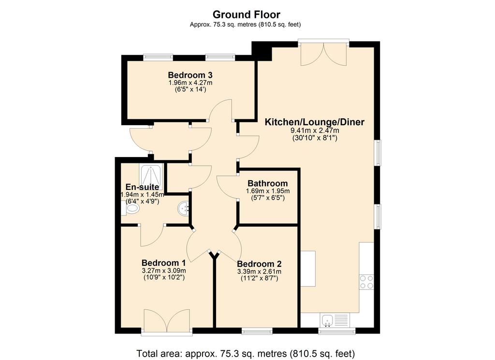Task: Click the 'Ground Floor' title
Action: pyautogui.click(x=246, y=14)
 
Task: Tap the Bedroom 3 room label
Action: pyautogui.click(x=190, y=75)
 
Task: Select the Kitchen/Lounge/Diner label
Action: pyautogui.click(x=314, y=122)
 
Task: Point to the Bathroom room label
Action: pyautogui.click(x=268, y=183)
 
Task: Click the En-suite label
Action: pyautogui.click(x=143, y=187)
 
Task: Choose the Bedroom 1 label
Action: pyautogui.click(x=163, y=263)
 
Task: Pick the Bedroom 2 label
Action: pyautogui.click(x=259, y=264)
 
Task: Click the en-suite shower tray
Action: pyautogui.click(x=151, y=176)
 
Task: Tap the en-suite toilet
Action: pyautogui.click(x=131, y=209)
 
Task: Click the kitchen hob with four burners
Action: pyautogui.click(x=366, y=282)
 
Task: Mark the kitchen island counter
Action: pyautogui.click(x=308, y=269)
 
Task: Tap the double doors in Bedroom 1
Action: pyautogui.click(x=166, y=321)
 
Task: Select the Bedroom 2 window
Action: pyautogui.click(x=257, y=331)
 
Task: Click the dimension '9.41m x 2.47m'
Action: pyautogui.click(x=315, y=130)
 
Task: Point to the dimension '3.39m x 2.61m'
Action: pyautogui.click(x=259, y=272)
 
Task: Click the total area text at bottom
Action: pyautogui.click(x=246, y=353)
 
